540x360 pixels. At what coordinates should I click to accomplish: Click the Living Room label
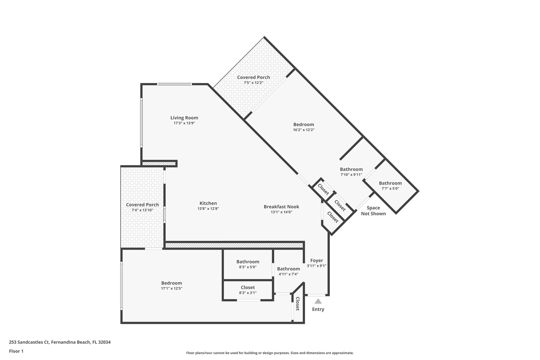pyautogui.click(x=184, y=118)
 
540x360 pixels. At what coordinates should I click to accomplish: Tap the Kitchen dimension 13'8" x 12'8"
pyautogui.click(x=208, y=209)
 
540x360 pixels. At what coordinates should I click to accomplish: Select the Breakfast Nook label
pyautogui.click(x=281, y=207)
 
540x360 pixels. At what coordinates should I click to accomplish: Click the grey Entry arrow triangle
pyautogui.click(x=318, y=301)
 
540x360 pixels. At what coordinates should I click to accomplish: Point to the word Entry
pyautogui.click(x=318, y=309)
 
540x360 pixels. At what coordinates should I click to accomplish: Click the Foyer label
pyautogui.click(x=316, y=261)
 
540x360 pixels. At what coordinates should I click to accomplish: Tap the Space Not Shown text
pyautogui.click(x=373, y=211)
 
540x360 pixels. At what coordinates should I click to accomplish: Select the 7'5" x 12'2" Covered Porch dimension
pyautogui.click(x=253, y=83)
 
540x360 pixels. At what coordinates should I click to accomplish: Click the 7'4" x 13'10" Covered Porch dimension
pyautogui.click(x=142, y=210)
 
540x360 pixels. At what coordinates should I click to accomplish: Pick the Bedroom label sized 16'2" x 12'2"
pyautogui.click(x=303, y=124)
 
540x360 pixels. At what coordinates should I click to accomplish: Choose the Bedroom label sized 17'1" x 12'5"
pyautogui.click(x=172, y=283)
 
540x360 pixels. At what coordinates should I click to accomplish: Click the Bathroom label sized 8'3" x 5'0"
pyautogui.click(x=248, y=262)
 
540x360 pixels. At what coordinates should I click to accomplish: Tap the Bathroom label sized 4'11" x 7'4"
pyautogui.click(x=288, y=269)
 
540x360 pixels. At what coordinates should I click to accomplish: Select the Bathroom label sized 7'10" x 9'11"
pyautogui.click(x=351, y=169)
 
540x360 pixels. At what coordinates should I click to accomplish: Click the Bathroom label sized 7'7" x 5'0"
pyautogui.click(x=390, y=183)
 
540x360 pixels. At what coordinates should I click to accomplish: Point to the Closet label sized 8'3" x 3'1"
pyautogui.click(x=248, y=287)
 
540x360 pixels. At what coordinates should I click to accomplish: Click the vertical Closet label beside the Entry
pyautogui.click(x=298, y=304)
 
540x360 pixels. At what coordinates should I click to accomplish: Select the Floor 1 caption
pyautogui.click(x=16, y=351)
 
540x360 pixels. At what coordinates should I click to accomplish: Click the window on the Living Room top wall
pyautogui.click(x=174, y=84)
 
